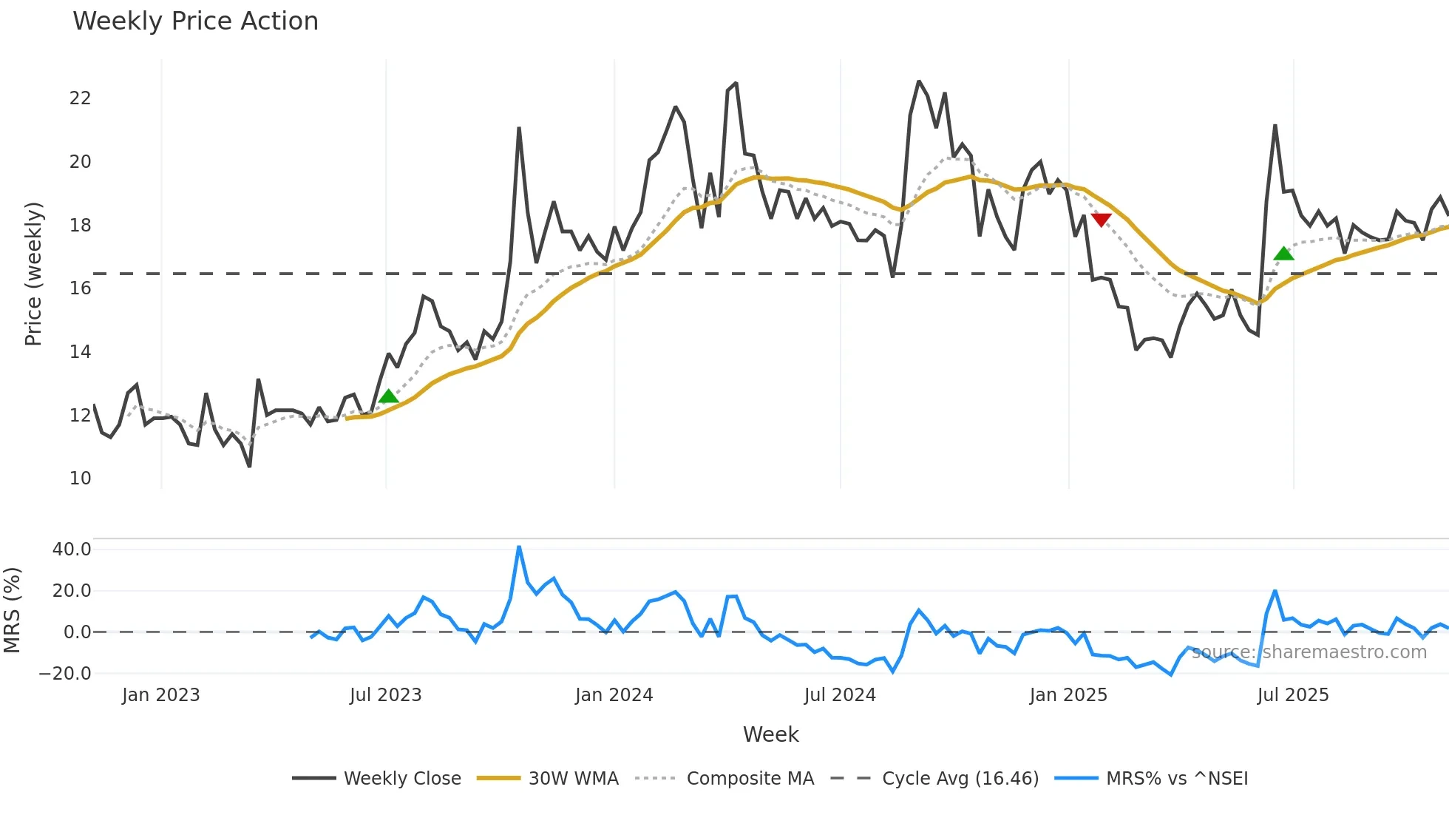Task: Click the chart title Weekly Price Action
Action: coord(195,21)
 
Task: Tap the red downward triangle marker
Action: coord(1101,220)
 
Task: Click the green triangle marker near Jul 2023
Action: coord(388,396)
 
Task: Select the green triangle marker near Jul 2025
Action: coord(1284,254)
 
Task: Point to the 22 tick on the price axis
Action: coord(80,98)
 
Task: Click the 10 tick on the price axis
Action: coord(80,478)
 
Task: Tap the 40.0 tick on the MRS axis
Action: coord(72,549)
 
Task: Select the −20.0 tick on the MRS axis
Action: coord(65,674)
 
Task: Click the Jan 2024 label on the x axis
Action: coord(614,695)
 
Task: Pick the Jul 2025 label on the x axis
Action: coord(1293,695)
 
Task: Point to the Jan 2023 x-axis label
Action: coord(161,695)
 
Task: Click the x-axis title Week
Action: coord(770,734)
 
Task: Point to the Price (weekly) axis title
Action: coord(34,274)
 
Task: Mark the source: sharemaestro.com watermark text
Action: coord(1309,652)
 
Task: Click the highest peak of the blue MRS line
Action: coord(519,547)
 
